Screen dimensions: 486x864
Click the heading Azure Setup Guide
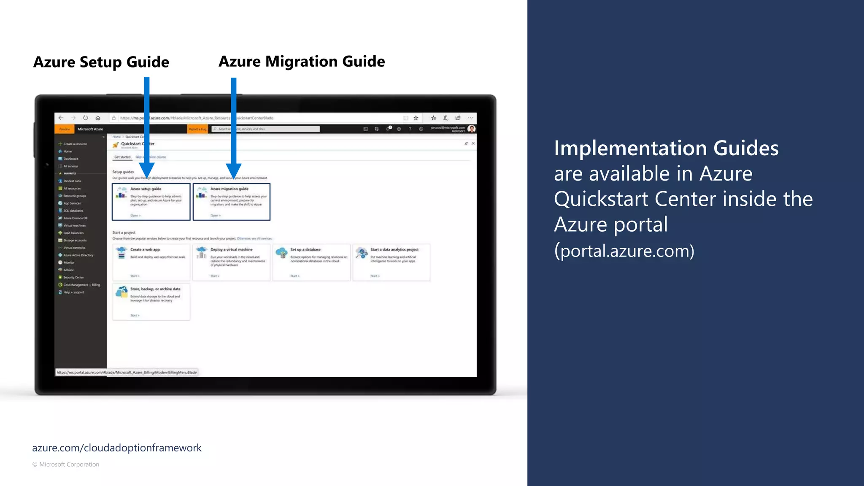point(101,62)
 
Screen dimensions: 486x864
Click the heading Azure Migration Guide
point(301,62)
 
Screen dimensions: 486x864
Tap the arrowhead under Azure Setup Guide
point(146,171)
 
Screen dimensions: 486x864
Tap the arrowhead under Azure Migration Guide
point(233,171)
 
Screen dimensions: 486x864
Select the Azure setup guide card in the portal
point(151,202)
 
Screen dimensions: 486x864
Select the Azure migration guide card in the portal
point(231,202)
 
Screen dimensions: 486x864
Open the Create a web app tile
point(151,262)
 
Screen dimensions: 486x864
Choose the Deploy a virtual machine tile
point(231,262)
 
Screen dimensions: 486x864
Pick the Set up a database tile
point(311,262)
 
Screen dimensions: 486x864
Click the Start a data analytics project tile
point(391,262)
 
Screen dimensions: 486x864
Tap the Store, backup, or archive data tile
point(151,302)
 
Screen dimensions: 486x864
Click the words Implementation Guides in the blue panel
point(666,148)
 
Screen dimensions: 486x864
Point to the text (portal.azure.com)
point(624,251)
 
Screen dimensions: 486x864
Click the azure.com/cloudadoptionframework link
point(117,448)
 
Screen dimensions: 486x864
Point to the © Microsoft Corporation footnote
point(66,464)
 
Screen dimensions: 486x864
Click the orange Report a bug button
point(197,129)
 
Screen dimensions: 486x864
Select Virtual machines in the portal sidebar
point(74,226)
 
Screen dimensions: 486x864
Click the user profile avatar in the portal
point(472,129)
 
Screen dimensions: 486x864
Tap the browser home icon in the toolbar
point(98,118)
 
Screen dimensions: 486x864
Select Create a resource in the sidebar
point(75,144)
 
